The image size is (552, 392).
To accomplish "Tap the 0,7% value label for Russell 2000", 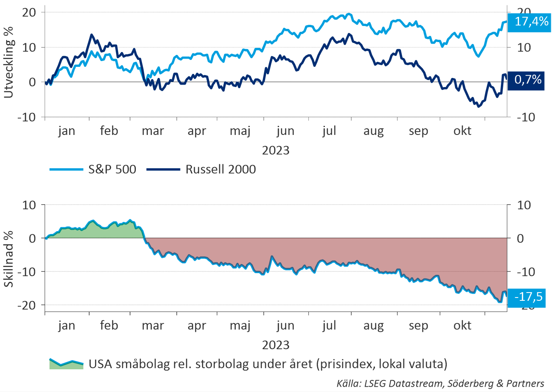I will [x=528, y=80].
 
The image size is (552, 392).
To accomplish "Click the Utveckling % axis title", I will [x=9, y=63].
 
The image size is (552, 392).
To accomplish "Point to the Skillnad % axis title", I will [x=9, y=259].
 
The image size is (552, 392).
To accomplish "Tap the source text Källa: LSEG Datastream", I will [x=440, y=383].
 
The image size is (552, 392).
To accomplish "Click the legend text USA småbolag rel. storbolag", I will [x=268, y=364].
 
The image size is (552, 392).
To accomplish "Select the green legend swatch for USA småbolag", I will [x=66, y=364].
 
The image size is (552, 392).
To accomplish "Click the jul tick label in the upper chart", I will [x=329, y=131].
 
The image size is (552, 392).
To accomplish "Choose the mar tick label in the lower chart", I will [x=153, y=326].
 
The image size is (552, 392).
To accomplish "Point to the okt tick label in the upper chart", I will [x=462, y=131].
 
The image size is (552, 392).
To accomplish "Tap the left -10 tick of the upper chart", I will [x=26, y=117].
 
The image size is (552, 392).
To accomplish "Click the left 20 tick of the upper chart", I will [x=29, y=12].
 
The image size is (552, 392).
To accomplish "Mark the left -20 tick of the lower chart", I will [x=26, y=305].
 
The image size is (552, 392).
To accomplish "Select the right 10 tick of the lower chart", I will [x=524, y=205].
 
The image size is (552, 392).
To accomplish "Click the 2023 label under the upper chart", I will [x=276, y=150].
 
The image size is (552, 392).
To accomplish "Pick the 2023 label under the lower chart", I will [x=276, y=345].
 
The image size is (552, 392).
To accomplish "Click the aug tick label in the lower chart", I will [x=373, y=326].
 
